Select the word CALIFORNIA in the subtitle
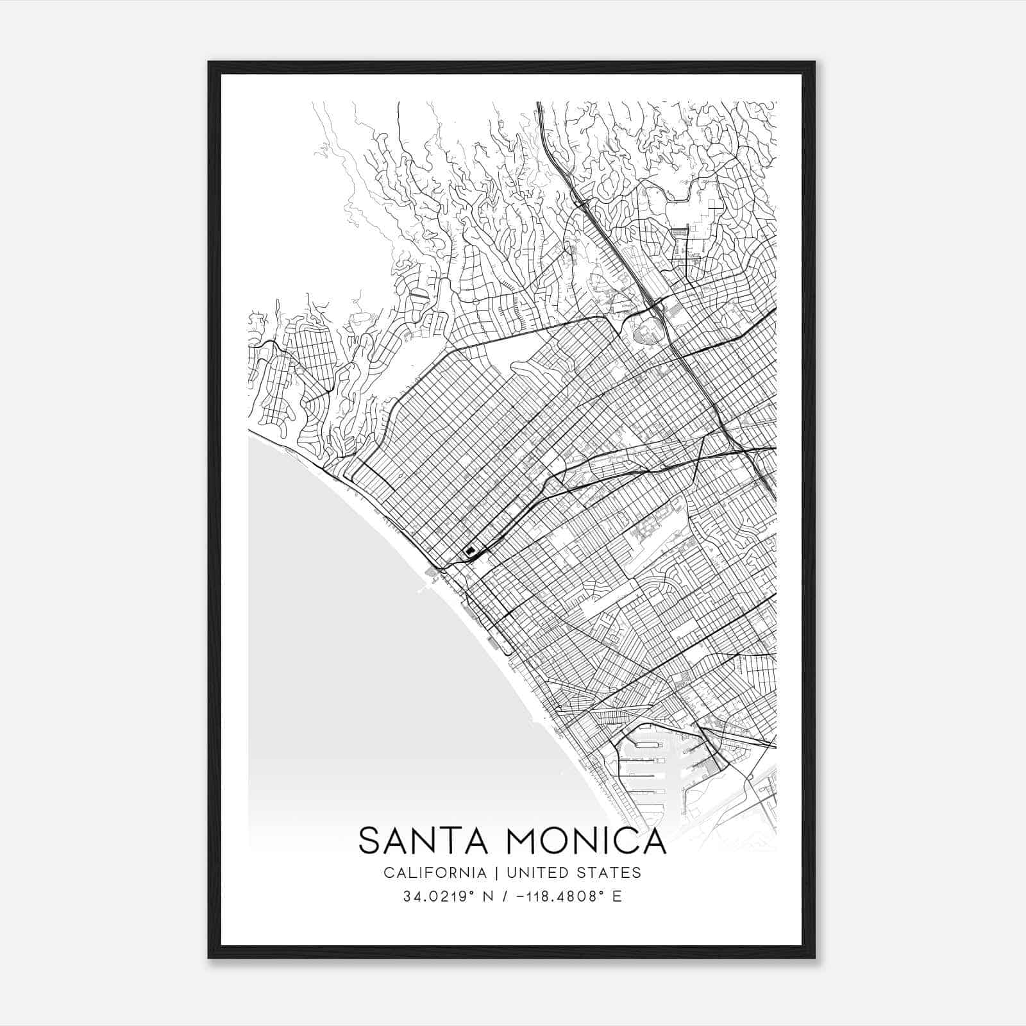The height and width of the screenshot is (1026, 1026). point(434,873)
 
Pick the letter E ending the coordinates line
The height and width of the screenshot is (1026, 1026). point(617,896)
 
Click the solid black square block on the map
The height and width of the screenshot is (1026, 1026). point(471,550)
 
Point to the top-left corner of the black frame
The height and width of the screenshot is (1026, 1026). point(210,63)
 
